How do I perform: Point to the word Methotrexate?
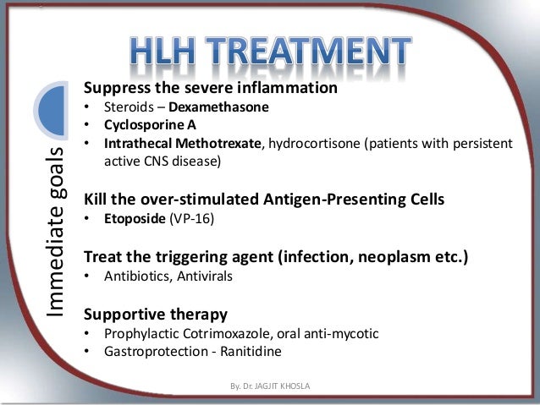[x=221, y=144]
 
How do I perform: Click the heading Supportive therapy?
[x=155, y=314]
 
